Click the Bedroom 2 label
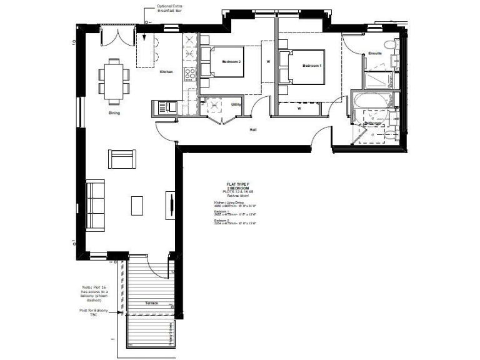click(231, 62)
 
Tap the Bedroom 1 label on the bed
click(312, 66)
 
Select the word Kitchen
click(166, 72)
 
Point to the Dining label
click(114, 113)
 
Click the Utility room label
click(236, 104)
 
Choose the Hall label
click(253, 130)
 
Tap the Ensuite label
click(375, 54)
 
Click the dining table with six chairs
click(114, 81)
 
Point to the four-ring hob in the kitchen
click(189, 75)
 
